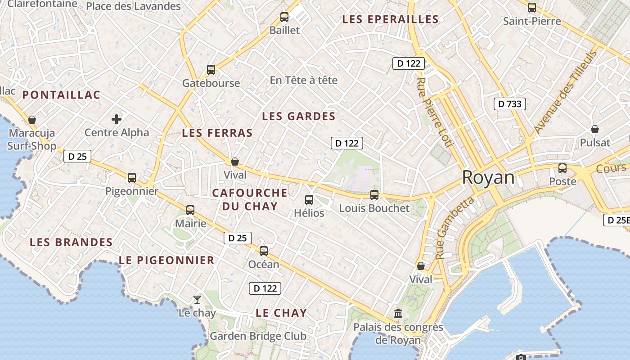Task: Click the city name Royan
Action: tap(488, 178)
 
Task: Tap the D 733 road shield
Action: tap(510, 104)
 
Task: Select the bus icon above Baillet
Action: tap(284, 17)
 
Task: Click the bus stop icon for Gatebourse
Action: tap(211, 70)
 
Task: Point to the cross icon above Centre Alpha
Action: tap(117, 119)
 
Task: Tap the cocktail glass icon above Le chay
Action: tap(197, 299)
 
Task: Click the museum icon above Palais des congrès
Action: tap(398, 313)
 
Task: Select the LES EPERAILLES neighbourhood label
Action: tap(390, 19)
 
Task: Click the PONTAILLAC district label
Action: tap(61, 95)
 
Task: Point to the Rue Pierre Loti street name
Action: tap(434, 112)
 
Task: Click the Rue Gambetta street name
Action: tap(455, 228)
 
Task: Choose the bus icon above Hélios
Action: tap(309, 199)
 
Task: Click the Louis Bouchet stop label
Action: tap(374, 208)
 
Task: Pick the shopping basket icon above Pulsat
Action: tap(595, 129)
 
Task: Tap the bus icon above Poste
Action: tap(562, 168)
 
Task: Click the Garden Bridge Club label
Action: tap(258, 336)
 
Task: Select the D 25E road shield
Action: tap(616, 220)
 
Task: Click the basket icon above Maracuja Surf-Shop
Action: tap(32, 120)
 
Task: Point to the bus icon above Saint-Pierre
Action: tap(532, 7)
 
